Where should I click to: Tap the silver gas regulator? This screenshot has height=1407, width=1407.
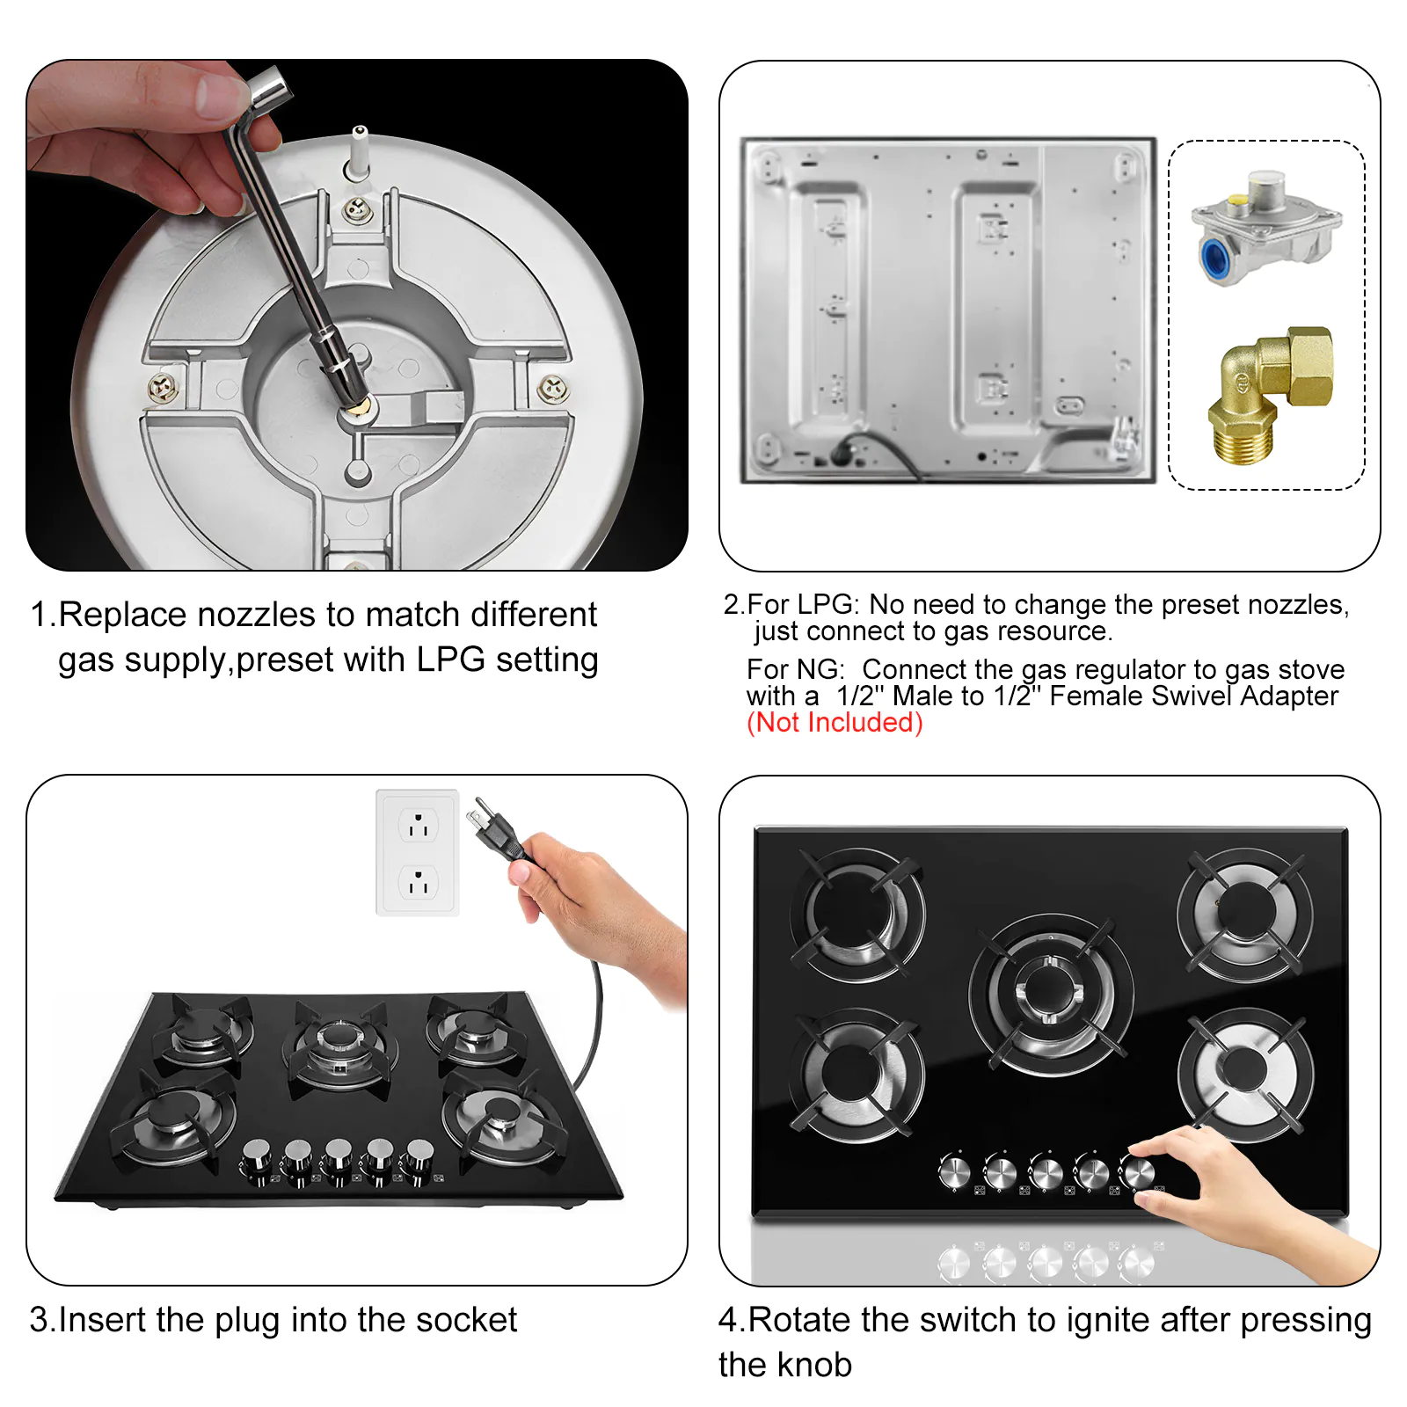click(x=1266, y=227)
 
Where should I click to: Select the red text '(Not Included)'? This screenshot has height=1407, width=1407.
click(x=835, y=723)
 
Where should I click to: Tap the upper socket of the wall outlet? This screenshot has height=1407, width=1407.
click(x=419, y=826)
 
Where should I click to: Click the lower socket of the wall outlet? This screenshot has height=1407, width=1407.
click(x=419, y=882)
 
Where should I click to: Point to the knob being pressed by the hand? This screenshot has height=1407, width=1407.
click(x=1138, y=1172)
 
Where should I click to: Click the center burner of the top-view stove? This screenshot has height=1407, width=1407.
click(x=1051, y=994)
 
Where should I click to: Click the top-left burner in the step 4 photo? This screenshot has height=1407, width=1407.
click(x=857, y=915)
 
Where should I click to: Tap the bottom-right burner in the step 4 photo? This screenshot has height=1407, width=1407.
click(x=1244, y=1075)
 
